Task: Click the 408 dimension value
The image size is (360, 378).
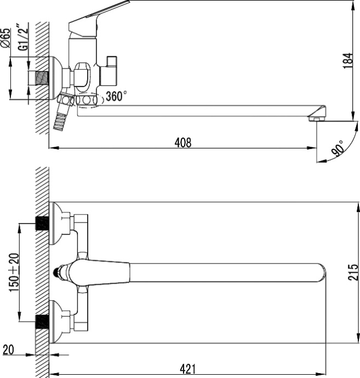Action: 183,142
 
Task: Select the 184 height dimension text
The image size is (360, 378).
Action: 348,61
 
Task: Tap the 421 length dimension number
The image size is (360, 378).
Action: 188,369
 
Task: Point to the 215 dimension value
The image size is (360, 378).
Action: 353,272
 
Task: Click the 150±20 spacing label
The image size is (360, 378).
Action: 14,272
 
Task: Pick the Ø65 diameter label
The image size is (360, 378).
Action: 6,38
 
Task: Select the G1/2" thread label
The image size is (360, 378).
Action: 23,37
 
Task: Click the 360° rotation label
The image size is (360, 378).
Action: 116,96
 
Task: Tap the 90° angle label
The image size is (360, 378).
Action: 338,148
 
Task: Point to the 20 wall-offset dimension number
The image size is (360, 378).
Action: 8,350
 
